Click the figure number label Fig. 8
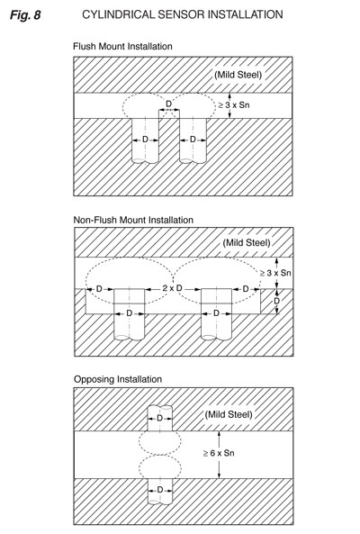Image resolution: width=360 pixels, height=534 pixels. tap(25, 15)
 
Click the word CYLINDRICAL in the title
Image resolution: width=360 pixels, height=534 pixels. tap(118, 14)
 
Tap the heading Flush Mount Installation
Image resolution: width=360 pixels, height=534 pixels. tap(122, 46)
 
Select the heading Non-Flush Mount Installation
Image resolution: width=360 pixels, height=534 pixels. tap(133, 220)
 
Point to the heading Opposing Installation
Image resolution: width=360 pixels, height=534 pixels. tap(118, 379)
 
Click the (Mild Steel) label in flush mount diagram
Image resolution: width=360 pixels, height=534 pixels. tap(238, 75)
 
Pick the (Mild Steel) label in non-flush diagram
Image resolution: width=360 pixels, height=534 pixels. tap(247, 243)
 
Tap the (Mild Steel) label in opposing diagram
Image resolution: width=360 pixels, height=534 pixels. tap(229, 414)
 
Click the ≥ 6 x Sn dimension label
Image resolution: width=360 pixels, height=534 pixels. tap(219, 453)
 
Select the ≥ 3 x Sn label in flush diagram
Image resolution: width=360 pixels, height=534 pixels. tap(234, 104)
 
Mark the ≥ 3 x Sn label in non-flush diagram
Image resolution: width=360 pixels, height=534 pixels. tap(275, 273)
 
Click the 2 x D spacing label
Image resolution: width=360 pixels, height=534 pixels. tap(172, 288)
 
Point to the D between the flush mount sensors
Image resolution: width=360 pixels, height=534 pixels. tap(169, 104)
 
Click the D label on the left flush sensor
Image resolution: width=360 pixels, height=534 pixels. tap(145, 140)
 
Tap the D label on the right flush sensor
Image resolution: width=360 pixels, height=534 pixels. tap(193, 140)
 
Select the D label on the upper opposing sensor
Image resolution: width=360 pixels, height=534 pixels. tap(159, 418)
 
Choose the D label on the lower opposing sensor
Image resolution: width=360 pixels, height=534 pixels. tap(160, 490)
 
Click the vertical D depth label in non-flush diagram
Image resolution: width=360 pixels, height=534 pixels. tap(276, 301)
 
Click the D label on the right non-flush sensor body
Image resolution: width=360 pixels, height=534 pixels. tap(216, 313)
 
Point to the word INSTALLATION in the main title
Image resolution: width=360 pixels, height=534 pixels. tap(245, 14)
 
